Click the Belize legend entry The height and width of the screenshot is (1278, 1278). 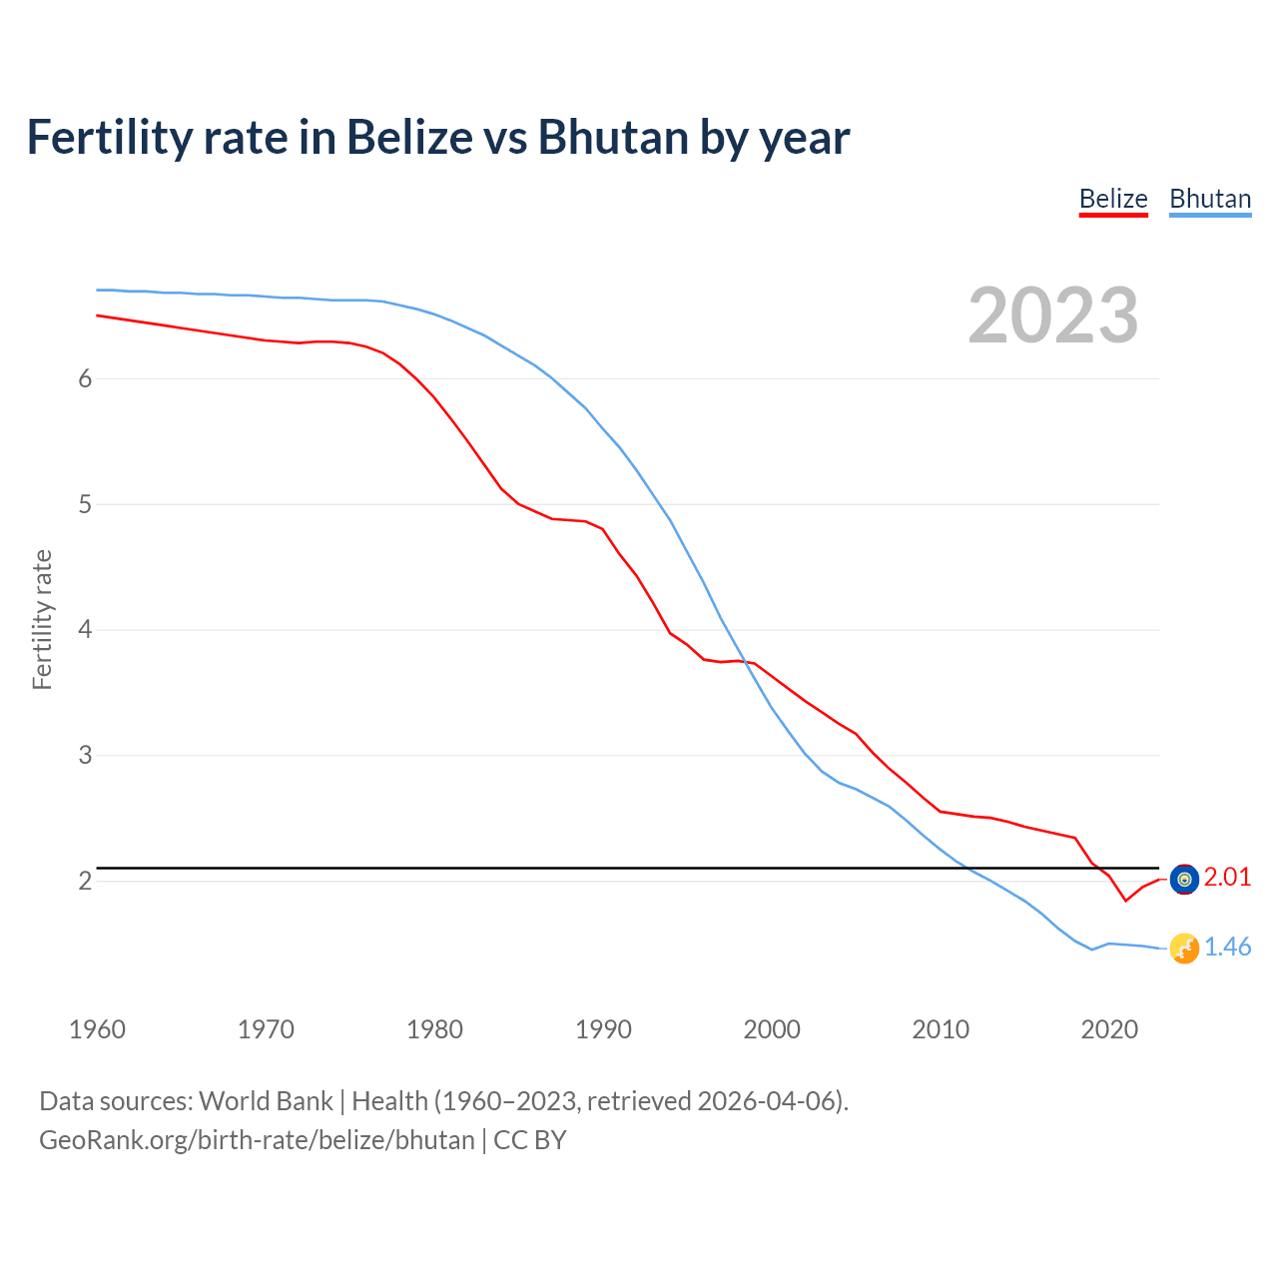(1113, 199)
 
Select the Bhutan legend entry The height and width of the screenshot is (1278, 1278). (1210, 199)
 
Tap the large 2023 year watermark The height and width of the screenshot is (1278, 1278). (1053, 316)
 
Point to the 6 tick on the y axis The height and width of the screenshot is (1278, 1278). (85, 378)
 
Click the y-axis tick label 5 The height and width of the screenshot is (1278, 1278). (85, 504)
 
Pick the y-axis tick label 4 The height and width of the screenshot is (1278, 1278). (85, 630)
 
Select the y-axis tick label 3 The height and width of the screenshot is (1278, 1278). (85, 756)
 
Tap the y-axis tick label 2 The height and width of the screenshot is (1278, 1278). (85, 881)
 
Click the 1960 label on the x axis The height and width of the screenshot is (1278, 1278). (97, 1029)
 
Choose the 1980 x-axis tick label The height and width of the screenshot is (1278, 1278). (434, 1029)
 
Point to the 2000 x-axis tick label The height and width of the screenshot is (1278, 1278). (772, 1029)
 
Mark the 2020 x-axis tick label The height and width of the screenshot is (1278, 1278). (1109, 1029)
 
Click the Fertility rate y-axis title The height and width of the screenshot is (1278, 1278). (42, 619)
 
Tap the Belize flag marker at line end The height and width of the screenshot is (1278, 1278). (1184, 879)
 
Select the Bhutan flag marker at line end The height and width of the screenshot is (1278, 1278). (1184, 949)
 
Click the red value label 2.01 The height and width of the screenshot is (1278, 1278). (1227, 877)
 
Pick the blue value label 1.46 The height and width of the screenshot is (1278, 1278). (1227, 947)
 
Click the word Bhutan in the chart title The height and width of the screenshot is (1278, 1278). (613, 137)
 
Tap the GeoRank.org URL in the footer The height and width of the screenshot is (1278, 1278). (257, 1139)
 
